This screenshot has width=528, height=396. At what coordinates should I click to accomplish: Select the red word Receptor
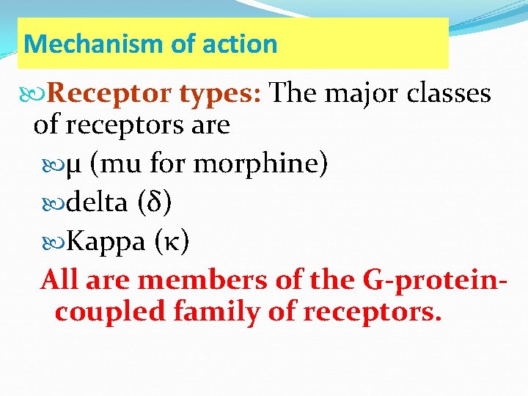tap(109, 94)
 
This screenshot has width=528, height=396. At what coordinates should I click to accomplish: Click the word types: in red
tap(220, 94)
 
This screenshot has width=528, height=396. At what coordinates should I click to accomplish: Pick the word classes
tap(447, 94)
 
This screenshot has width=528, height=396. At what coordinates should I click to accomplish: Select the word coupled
tap(110, 312)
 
